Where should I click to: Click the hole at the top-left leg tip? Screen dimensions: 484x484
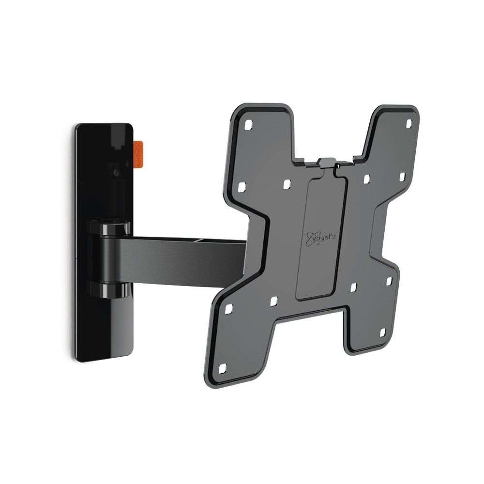[248, 124]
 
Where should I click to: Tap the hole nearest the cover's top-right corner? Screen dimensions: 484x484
[366, 179]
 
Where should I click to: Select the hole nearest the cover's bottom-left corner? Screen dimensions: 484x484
[273, 301]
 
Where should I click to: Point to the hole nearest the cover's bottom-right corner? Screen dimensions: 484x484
[353, 287]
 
